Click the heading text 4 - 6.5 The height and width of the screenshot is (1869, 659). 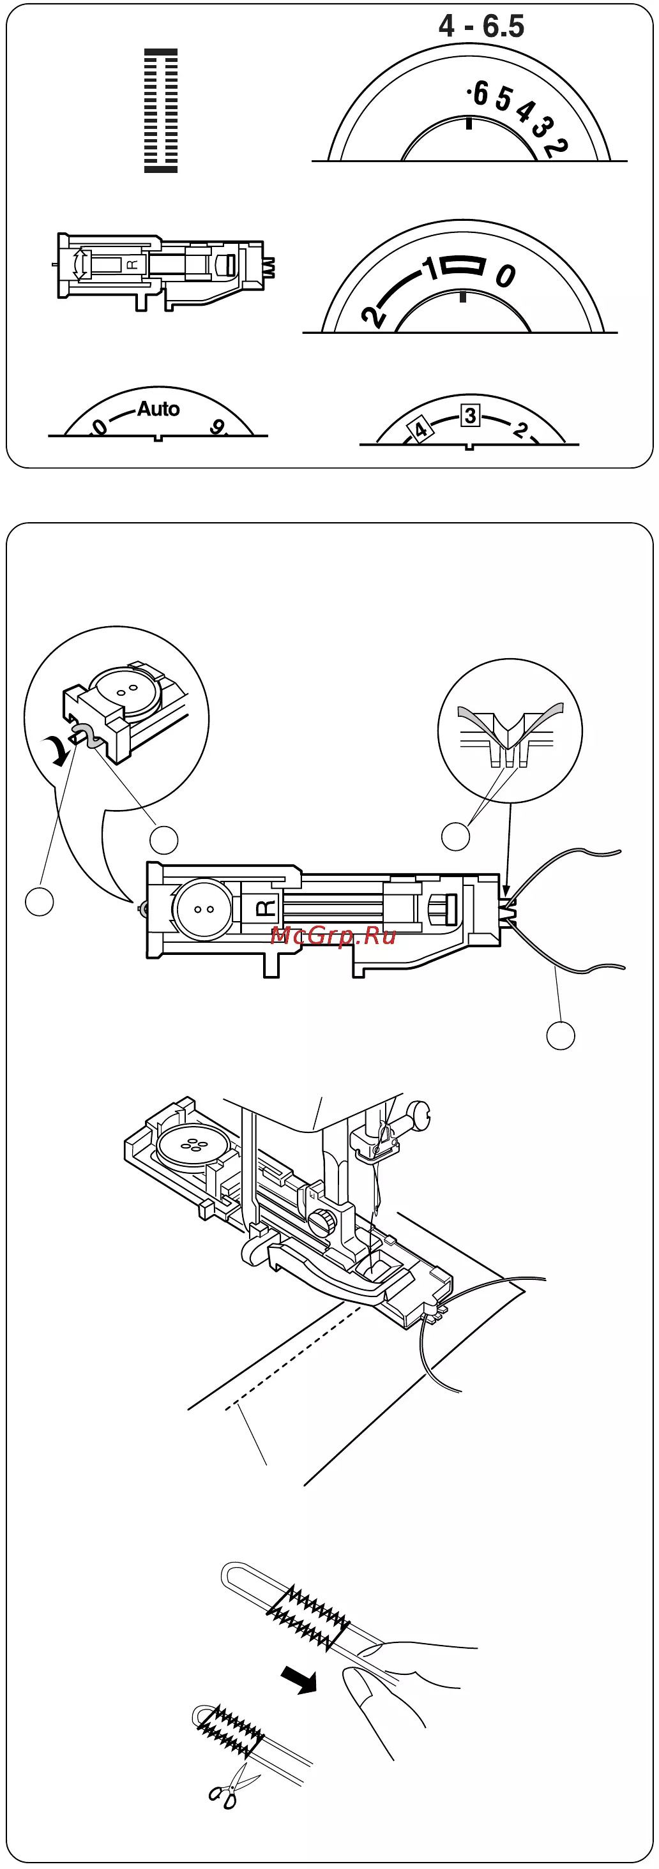[481, 26]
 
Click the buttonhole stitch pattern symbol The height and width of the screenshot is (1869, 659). [161, 110]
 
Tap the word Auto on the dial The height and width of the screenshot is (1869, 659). [158, 409]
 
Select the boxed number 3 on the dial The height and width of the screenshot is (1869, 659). [470, 416]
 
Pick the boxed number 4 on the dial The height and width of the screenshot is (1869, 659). [420, 430]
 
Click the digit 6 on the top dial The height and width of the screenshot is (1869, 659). [480, 94]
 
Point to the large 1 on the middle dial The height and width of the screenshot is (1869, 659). [431, 267]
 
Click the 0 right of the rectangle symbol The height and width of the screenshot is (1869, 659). [506, 275]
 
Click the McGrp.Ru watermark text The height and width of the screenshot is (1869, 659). [333, 935]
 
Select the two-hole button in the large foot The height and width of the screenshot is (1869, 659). [203, 909]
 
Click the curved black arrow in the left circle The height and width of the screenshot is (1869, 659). [58, 750]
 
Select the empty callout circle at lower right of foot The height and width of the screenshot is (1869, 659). [560, 1035]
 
